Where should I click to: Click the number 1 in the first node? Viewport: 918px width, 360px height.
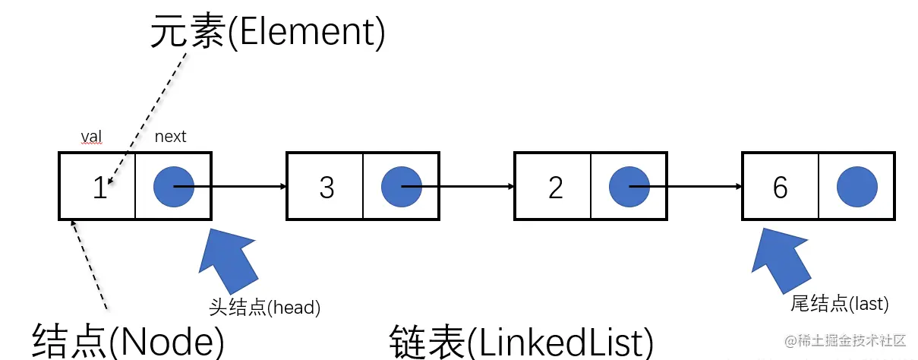(99, 188)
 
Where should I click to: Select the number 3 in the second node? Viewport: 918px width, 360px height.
(327, 188)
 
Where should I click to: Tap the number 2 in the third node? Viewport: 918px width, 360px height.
(556, 188)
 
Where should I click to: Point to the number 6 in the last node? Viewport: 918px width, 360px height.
(781, 188)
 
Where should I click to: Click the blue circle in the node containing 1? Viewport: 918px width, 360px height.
(174, 186)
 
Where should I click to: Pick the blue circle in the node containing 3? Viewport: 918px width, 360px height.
(402, 186)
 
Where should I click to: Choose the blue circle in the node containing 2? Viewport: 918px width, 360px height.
(629, 186)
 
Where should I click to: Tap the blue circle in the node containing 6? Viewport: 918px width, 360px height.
(857, 186)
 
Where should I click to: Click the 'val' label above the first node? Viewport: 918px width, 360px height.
(92, 137)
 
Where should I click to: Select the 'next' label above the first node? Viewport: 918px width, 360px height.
(170, 137)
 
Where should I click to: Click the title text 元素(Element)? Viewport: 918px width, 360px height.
(267, 33)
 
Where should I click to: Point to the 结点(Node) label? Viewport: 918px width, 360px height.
(128, 339)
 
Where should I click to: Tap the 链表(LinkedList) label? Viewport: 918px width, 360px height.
(521, 341)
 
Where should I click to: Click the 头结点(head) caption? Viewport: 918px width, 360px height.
(265, 308)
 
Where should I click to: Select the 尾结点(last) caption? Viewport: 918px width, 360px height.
(839, 304)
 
